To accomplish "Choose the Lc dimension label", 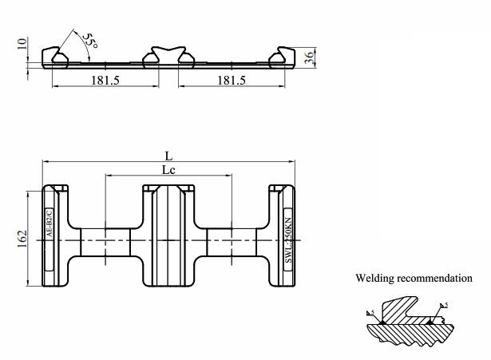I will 168,171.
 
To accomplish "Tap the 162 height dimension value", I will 23,238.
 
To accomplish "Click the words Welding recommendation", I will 414,279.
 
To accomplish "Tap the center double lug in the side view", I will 168,57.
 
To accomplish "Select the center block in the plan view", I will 168,236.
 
